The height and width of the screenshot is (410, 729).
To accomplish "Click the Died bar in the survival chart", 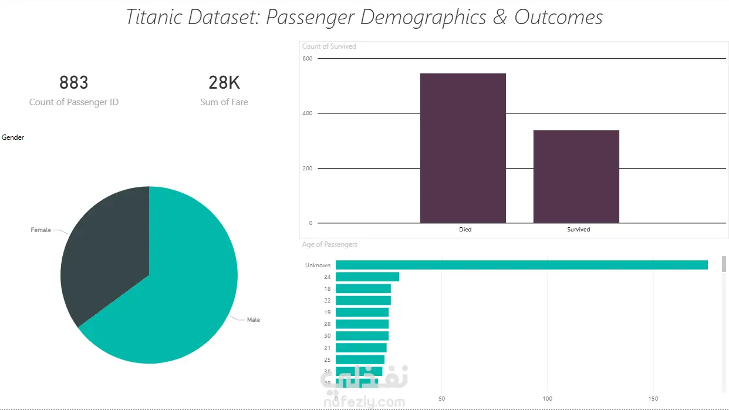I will click(x=463, y=148).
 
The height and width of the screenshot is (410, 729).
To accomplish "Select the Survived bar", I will click(x=576, y=176).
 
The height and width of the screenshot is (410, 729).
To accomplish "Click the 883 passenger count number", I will click(x=74, y=83).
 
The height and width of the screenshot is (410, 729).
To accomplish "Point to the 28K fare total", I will click(x=224, y=83).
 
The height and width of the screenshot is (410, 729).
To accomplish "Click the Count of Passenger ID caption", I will click(x=74, y=102).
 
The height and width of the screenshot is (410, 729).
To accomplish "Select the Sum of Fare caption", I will click(x=224, y=102).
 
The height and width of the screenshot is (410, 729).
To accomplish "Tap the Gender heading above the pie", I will click(x=13, y=137).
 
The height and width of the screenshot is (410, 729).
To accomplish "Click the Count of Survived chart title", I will click(x=329, y=46).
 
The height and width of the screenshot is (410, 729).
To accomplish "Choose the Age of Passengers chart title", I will click(x=329, y=244).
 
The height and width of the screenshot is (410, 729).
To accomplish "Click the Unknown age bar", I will click(x=521, y=266).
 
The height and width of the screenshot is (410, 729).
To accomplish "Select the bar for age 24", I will click(x=367, y=277).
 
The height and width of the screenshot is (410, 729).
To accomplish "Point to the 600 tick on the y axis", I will click(x=307, y=59).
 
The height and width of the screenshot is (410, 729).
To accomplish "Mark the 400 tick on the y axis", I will click(x=307, y=113).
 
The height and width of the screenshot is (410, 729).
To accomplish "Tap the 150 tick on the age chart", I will click(x=653, y=399).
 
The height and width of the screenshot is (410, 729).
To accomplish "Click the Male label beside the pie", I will click(x=253, y=320).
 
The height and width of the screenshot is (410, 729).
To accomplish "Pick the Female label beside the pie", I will click(x=41, y=230).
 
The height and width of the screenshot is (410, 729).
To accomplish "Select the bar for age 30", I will click(x=362, y=336).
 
